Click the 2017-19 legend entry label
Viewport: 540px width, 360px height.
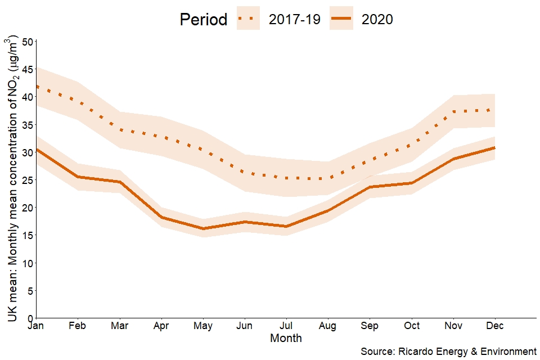(294, 19)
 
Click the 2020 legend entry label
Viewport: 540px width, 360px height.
(377, 19)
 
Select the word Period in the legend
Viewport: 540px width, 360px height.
(203, 20)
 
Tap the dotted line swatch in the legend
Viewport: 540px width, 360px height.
(248, 19)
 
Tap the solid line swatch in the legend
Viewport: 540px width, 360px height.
(341, 19)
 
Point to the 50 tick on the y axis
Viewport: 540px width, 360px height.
(27, 41)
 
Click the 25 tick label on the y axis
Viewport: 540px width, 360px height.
(27, 180)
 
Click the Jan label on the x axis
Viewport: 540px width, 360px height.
(35, 326)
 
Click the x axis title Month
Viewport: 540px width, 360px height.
(286, 339)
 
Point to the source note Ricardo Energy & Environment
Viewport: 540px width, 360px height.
(448, 352)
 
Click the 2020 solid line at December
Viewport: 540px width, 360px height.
(494, 148)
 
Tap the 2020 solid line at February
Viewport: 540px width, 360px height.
(77, 177)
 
